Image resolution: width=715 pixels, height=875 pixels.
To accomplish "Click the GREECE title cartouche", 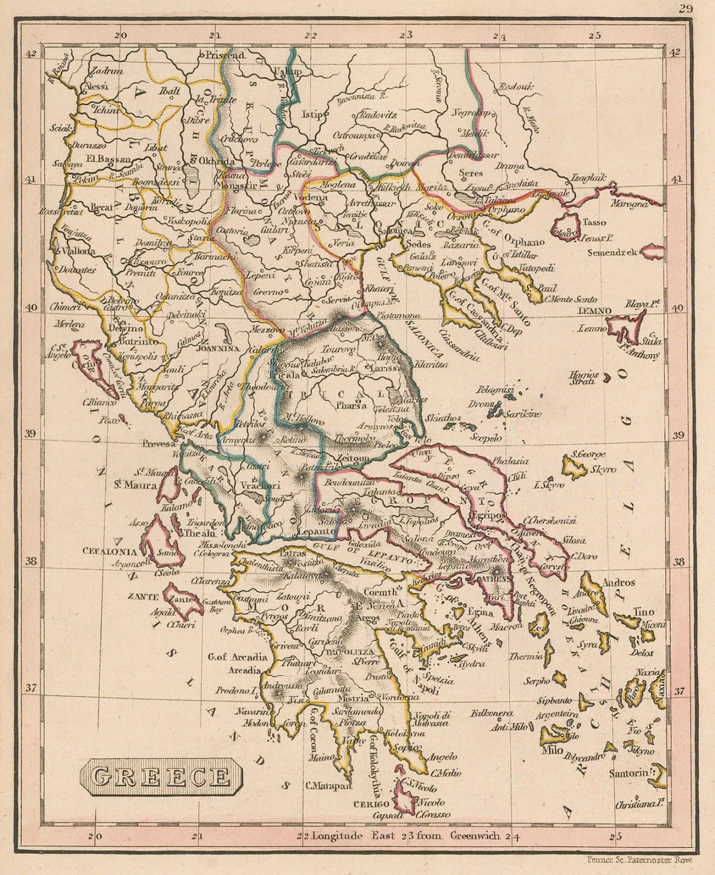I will click(160, 777).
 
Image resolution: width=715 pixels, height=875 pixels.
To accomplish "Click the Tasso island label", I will click(594, 222).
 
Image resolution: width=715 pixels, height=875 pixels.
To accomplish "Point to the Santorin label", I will click(631, 774).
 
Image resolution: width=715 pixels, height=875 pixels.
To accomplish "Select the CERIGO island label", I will click(371, 804).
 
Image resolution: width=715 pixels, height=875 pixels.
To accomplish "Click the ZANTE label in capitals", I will click(143, 597).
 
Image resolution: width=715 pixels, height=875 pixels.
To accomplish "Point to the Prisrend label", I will click(225, 55).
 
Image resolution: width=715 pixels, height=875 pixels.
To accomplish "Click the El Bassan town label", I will click(108, 159).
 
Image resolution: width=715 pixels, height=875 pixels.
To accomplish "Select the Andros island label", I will click(618, 582).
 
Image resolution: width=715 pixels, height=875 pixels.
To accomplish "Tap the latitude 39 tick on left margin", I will click(31, 434).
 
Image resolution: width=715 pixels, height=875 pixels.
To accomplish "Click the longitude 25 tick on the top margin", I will click(595, 36).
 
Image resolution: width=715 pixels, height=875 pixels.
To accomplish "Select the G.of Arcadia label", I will click(238, 657).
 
